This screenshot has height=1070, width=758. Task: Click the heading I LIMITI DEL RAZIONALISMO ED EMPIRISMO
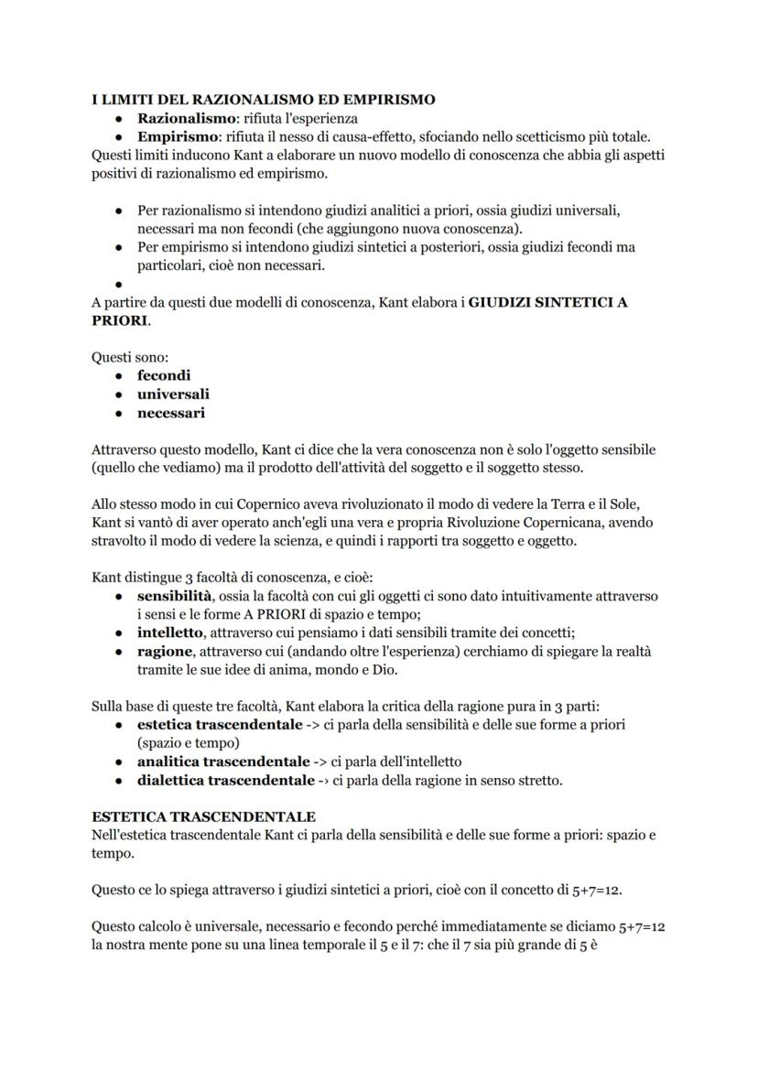coord(264,99)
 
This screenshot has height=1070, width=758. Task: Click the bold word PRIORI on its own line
coord(119,321)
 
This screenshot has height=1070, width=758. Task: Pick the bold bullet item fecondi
coord(164,375)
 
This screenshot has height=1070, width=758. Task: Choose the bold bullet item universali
coord(173,394)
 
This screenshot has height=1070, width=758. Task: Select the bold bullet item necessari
coord(171,413)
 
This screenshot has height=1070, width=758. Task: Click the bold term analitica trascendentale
coord(223,762)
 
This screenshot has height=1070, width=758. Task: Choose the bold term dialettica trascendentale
coord(225,781)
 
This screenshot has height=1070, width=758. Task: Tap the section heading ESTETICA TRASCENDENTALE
coord(203,816)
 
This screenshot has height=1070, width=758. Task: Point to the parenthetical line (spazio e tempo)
coord(188,742)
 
